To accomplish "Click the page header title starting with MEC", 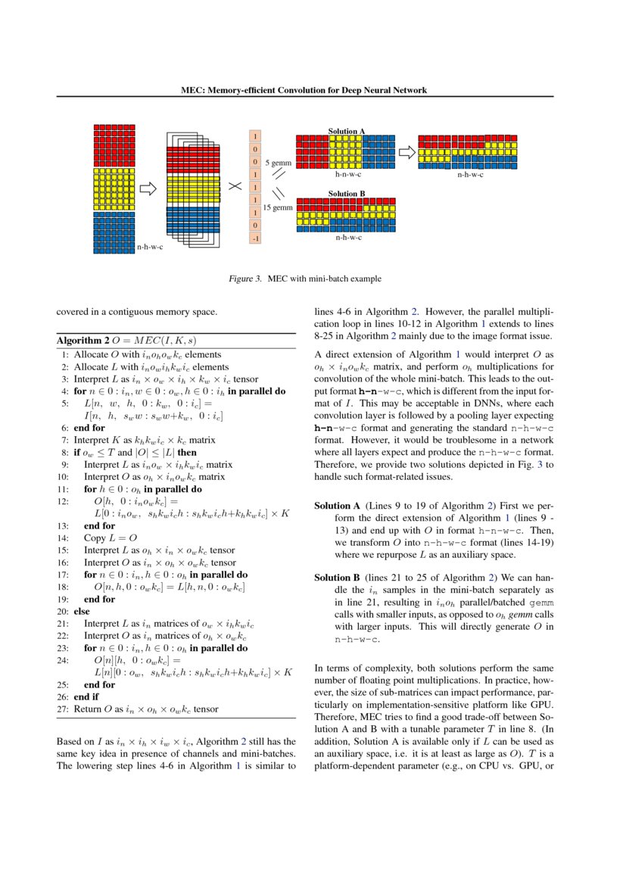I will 304,90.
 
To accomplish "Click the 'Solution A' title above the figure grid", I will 347,131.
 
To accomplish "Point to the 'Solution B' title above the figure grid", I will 347,194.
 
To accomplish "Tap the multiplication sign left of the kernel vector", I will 235,186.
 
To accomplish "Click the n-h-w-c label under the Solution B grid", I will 348,238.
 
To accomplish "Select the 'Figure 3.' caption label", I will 245,279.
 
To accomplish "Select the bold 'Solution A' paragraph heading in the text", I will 337,506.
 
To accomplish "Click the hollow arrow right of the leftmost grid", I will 148,187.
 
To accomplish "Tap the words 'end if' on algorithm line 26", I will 86,696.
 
